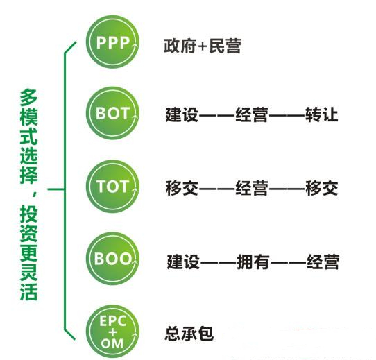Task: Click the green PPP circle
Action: [112, 42]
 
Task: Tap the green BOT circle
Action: [112, 113]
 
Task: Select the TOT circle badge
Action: [112, 187]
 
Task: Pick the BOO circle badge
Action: [112, 259]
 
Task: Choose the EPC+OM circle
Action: [112, 332]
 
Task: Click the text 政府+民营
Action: [203, 46]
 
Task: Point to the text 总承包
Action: [189, 334]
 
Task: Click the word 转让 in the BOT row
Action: [322, 114]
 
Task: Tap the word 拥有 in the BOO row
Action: [253, 262]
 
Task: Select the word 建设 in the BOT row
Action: [182, 114]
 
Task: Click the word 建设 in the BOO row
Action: [183, 262]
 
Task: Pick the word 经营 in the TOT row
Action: [252, 188]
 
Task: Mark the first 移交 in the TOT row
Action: [182, 188]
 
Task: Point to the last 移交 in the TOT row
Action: [322, 188]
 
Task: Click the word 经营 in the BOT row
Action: [252, 114]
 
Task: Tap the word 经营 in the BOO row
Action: [323, 262]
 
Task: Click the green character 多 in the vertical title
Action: [28, 98]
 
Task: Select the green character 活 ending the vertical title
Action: [28, 292]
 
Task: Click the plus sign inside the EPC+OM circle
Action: [112, 332]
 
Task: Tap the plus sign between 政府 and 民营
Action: [203, 46]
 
